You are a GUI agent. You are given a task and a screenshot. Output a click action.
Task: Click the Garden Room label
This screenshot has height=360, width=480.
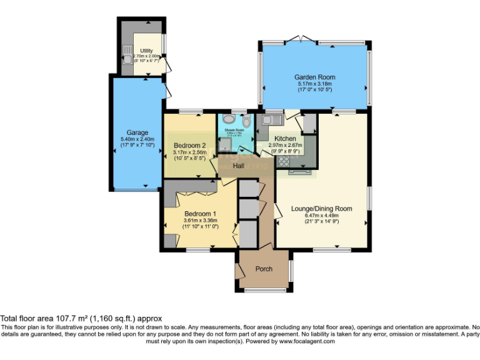(x=313, y=77)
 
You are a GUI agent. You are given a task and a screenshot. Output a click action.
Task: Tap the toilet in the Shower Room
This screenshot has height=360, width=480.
(x=246, y=121)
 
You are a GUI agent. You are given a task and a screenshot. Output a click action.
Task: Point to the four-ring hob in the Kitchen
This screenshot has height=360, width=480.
(x=283, y=161)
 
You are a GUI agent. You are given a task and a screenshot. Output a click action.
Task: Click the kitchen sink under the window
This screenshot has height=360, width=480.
(x=272, y=119)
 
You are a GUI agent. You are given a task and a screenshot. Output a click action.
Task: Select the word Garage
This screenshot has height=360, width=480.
(x=137, y=132)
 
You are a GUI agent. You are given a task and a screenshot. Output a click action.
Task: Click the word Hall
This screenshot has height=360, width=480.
(x=239, y=166)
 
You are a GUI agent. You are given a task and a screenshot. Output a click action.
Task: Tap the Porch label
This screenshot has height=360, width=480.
(x=264, y=269)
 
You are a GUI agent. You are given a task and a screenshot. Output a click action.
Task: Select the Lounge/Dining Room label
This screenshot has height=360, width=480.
(x=321, y=209)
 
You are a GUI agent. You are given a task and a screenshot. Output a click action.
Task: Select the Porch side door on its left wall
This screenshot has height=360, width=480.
(x=238, y=271)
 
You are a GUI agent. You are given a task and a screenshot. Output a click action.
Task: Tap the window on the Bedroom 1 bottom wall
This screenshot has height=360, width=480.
(x=197, y=250)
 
